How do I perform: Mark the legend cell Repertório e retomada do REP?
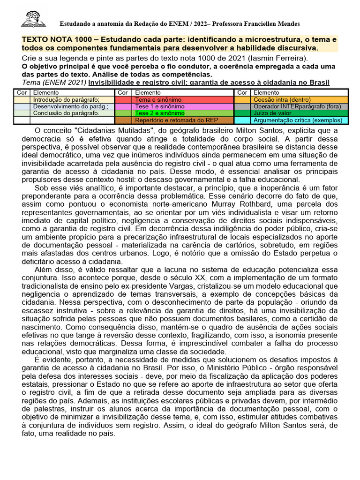pyautogui.click(x=176, y=120)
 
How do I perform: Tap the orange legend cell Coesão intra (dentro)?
pyautogui.click(x=281, y=100)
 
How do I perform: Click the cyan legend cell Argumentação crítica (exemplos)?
pyautogui.click(x=298, y=120)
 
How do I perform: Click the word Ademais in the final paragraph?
pyautogui.click(x=78, y=402)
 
